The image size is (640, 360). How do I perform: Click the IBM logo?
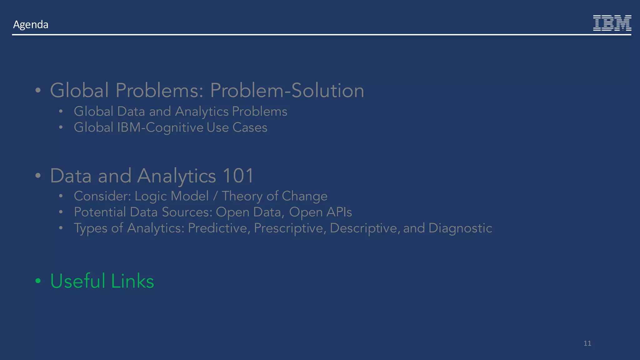pos(612,23)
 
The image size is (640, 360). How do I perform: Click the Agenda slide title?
pos(31,24)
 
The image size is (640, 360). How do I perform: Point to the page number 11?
pos(587,343)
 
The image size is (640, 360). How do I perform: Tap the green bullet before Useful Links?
pos(38,281)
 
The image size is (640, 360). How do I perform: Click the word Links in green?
pos(132,281)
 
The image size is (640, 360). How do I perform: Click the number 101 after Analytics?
pos(238,176)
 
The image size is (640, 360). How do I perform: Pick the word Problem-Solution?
pos(287,91)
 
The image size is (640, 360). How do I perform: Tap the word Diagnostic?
pos(460,228)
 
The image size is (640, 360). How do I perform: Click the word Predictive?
pos(219,228)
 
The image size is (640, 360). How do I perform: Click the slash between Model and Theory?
pos(215,196)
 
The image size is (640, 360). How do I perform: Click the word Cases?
pos(250,127)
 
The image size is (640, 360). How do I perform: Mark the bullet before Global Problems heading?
pos(38,91)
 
